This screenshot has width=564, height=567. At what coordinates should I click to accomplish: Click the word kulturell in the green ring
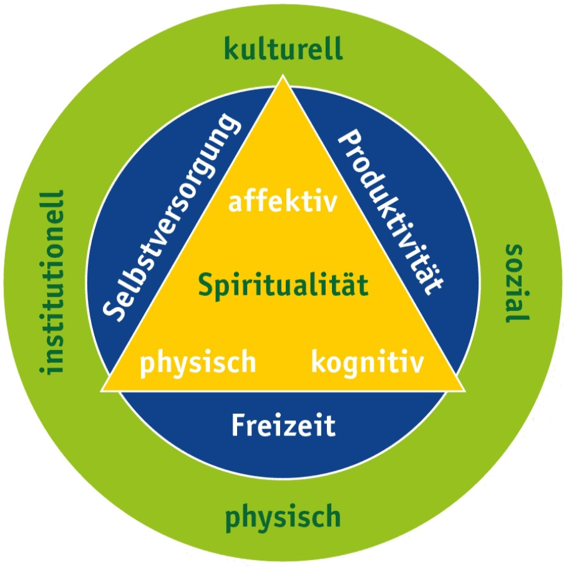click(283, 49)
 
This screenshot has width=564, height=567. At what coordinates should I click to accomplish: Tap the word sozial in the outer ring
click(515, 283)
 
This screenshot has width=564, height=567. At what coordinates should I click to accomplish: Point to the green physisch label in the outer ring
click(283, 517)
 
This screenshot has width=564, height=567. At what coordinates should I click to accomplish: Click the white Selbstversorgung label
click(172, 216)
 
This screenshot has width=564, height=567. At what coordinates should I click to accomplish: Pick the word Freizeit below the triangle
click(283, 426)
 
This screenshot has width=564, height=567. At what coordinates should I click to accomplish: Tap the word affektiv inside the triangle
click(283, 202)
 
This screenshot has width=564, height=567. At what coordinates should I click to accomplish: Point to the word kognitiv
click(367, 361)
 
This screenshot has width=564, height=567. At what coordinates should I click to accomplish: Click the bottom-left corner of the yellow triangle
click(103, 390)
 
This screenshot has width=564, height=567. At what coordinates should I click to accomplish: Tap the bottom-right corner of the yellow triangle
click(464, 390)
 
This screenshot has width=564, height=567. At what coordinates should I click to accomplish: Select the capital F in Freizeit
click(238, 426)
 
